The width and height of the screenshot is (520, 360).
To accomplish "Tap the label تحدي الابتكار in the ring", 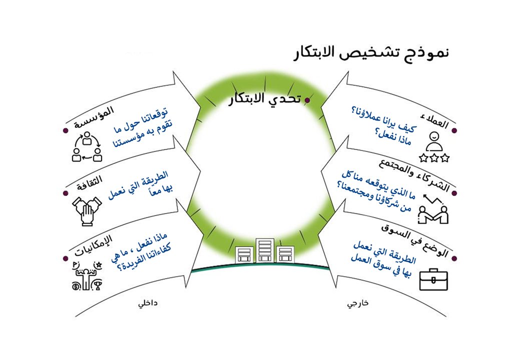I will tap(263, 98).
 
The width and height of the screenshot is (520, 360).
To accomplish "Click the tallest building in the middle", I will tap(265, 250).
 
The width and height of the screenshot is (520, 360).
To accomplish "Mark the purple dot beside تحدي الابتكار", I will tap(307, 100).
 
